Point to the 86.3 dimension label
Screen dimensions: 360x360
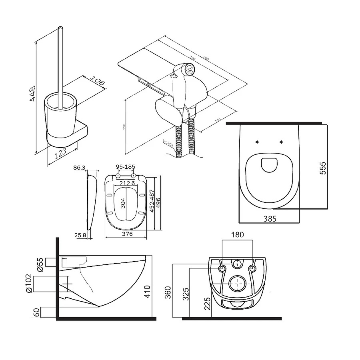pos(80,168)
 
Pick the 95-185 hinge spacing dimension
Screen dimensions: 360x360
pos(125,167)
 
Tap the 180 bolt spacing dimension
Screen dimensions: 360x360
pos(238,235)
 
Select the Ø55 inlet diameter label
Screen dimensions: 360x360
pos(39,264)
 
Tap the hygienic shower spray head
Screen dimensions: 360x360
pos(188,69)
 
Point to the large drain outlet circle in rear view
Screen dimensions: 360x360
pos(238,284)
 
